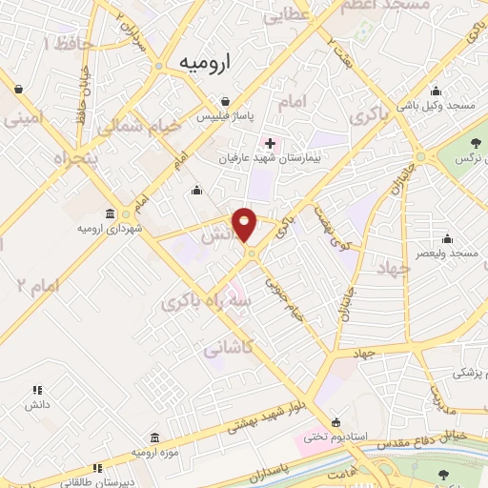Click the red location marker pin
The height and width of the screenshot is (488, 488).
click(x=246, y=225)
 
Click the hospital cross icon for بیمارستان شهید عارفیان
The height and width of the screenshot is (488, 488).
click(x=271, y=142)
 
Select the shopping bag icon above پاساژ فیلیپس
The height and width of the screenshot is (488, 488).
click(x=224, y=100)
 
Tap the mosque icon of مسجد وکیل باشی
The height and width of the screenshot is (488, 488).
click(x=436, y=91)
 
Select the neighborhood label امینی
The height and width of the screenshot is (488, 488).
click(x=25, y=119)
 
